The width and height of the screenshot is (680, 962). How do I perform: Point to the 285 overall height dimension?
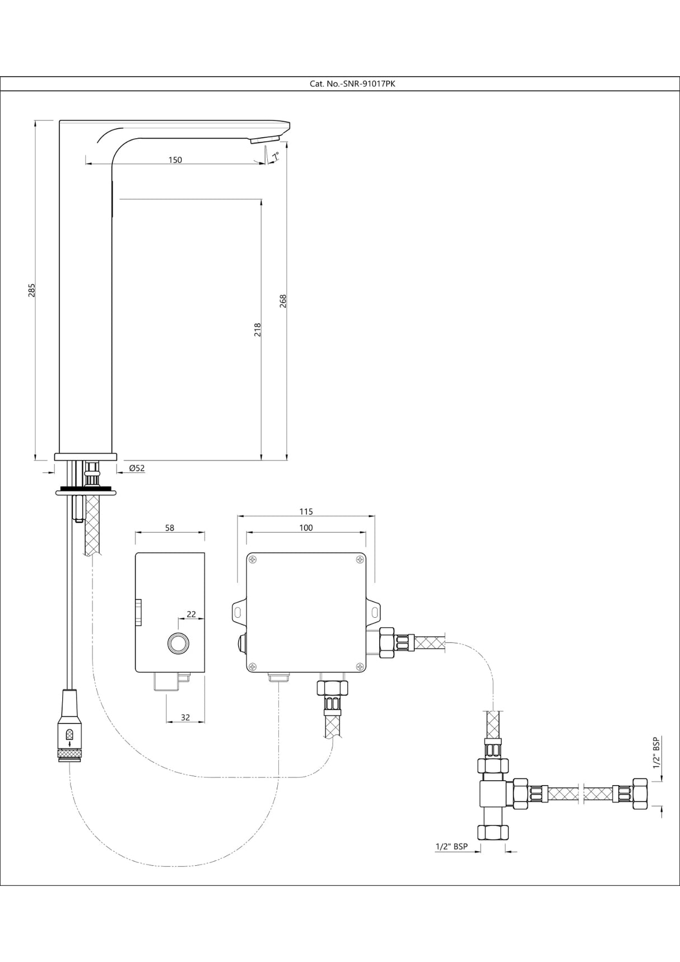tap(32, 290)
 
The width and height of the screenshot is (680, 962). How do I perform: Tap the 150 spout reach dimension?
tap(175, 160)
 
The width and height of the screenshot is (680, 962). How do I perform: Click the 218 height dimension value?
tap(258, 329)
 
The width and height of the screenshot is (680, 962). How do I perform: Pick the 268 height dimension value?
tap(283, 301)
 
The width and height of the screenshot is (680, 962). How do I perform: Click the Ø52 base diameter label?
tap(137, 468)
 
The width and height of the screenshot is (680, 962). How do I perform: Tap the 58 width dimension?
tap(170, 528)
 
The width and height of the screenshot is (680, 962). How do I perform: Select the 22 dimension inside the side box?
tap(191, 614)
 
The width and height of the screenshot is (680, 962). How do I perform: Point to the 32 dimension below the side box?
tap(185, 717)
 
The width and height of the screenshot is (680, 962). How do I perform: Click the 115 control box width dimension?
tap(306, 511)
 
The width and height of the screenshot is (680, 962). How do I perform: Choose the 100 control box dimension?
tap(306, 528)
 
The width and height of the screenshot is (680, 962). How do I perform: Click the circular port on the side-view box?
tap(179, 644)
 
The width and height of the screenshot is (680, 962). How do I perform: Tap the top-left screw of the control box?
tap(253, 560)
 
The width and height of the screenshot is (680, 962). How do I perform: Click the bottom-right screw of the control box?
tap(359, 665)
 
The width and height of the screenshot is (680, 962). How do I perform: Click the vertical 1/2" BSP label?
tap(656, 753)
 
